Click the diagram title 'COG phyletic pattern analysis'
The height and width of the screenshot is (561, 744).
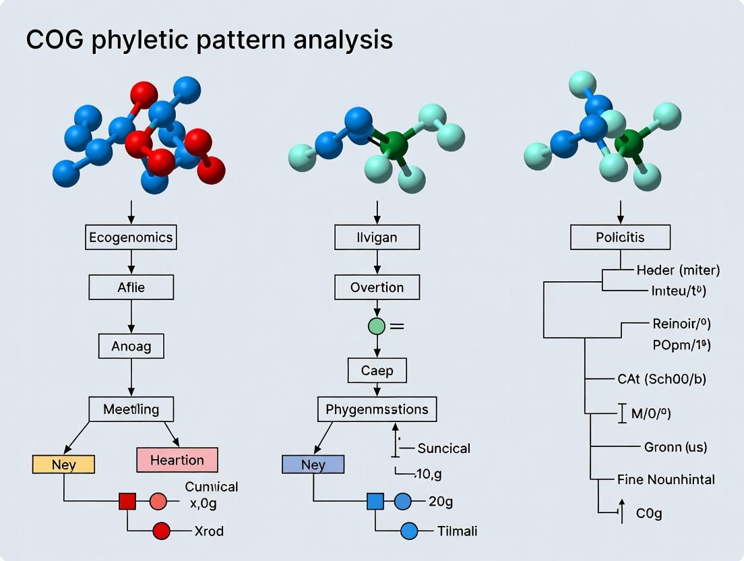(209, 40)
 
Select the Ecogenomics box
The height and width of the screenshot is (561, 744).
(131, 237)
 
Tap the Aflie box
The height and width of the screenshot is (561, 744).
(131, 288)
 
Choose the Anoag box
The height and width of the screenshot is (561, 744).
(131, 347)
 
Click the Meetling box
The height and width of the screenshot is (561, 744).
(131, 409)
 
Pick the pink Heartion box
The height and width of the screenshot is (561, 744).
(177, 460)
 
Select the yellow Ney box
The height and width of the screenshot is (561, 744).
(63, 465)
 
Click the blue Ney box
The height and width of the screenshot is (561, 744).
(313, 465)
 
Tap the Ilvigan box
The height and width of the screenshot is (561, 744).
(377, 237)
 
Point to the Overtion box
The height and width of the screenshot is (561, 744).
(377, 287)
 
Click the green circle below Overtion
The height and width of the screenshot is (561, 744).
(377, 327)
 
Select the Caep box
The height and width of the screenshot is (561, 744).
(377, 371)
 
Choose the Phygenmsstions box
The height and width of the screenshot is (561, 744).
(377, 409)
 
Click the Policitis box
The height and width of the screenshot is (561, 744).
(620, 237)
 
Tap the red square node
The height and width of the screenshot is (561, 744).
(127, 501)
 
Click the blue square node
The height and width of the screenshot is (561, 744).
(375, 501)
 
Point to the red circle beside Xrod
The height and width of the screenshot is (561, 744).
(162, 531)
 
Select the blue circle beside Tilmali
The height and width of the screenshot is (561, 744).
(410, 531)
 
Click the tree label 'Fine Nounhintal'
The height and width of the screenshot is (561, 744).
(666, 479)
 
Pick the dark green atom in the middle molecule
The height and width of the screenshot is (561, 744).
(394, 145)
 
